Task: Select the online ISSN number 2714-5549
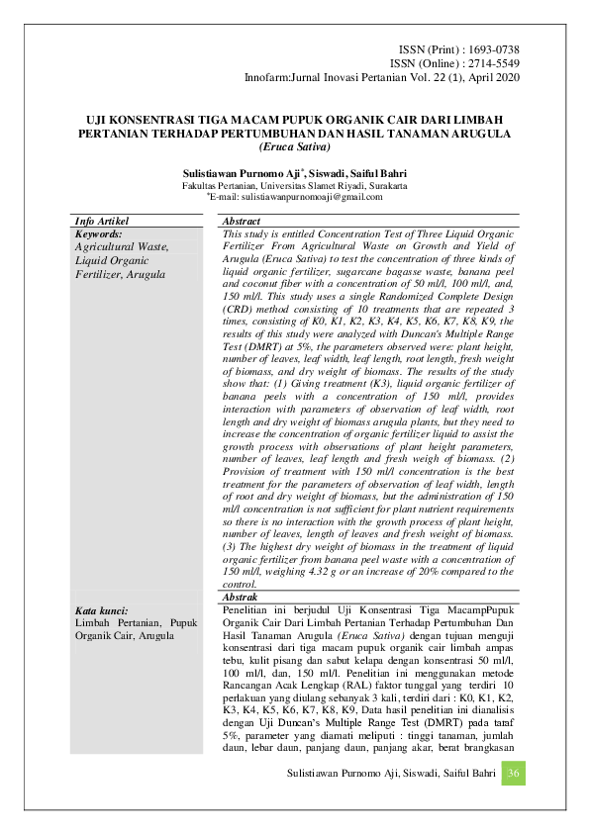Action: [x=489, y=62]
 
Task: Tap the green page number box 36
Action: [x=513, y=773]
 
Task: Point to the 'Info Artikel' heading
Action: [x=103, y=222]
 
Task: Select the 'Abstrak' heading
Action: [x=240, y=600]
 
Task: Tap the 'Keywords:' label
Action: [x=105, y=234]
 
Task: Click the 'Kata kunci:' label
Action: [x=103, y=611]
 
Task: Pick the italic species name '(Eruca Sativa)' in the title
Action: [x=294, y=146]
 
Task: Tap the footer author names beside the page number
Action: [x=387, y=773]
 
